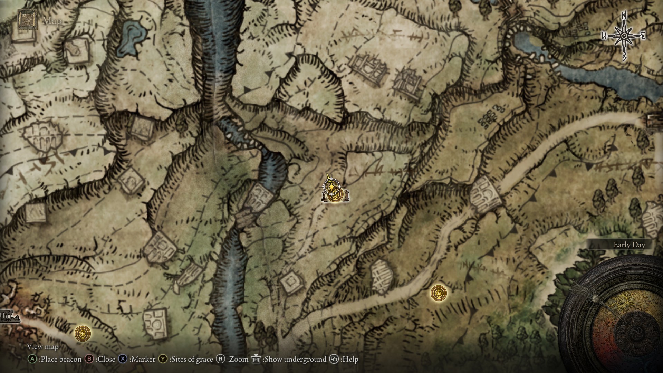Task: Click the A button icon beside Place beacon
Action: click(x=32, y=359)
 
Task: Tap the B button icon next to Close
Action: click(x=89, y=359)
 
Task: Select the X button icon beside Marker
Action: click(x=123, y=359)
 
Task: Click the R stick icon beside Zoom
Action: click(x=221, y=359)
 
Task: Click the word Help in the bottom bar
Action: click(x=350, y=359)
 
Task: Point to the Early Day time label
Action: click(x=629, y=245)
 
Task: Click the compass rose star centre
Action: click(x=624, y=36)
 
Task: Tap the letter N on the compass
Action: click(x=624, y=25)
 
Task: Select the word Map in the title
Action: click(x=52, y=21)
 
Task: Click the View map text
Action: click(x=43, y=346)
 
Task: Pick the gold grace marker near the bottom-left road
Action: click(x=83, y=334)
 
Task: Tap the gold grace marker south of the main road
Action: click(x=439, y=293)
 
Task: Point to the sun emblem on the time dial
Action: click(x=622, y=301)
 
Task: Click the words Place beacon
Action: click(x=60, y=359)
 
